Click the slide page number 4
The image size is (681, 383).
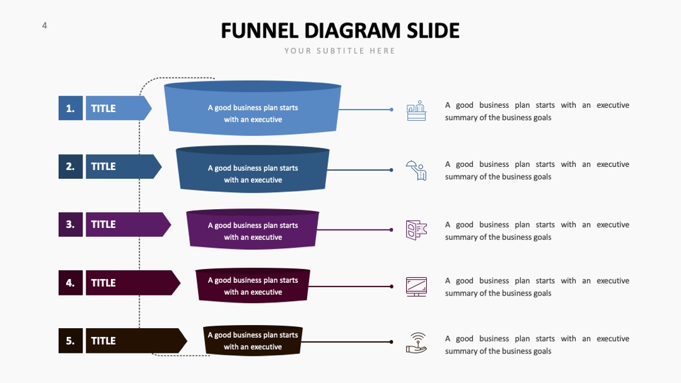coord(44,26)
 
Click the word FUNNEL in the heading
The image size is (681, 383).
coord(259,31)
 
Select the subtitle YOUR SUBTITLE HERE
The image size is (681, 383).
coord(340,51)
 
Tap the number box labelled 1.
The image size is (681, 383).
coord(71,108)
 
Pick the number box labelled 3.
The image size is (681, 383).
coord(71,224)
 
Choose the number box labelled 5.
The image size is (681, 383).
coord(71,341)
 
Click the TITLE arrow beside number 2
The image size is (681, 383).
coord(124,166)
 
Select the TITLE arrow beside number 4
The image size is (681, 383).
coord(132,283)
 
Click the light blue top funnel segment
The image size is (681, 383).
coord(252,108)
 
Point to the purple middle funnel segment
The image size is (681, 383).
coord(252,229)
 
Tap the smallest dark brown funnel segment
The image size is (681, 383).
coord(253,341)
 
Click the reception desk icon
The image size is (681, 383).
coord(416,111)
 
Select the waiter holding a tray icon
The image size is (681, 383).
coord(416,170)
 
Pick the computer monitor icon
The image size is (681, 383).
coord(416,287)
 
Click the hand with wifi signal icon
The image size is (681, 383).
coord(417,343)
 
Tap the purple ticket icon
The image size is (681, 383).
coord(416,230)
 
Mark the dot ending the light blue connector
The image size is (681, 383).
coord(392,110)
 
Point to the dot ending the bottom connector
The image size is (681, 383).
coord(392,342)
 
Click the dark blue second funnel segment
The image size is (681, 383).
coord(252,169)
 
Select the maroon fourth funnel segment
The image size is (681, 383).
coord(253,285)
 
